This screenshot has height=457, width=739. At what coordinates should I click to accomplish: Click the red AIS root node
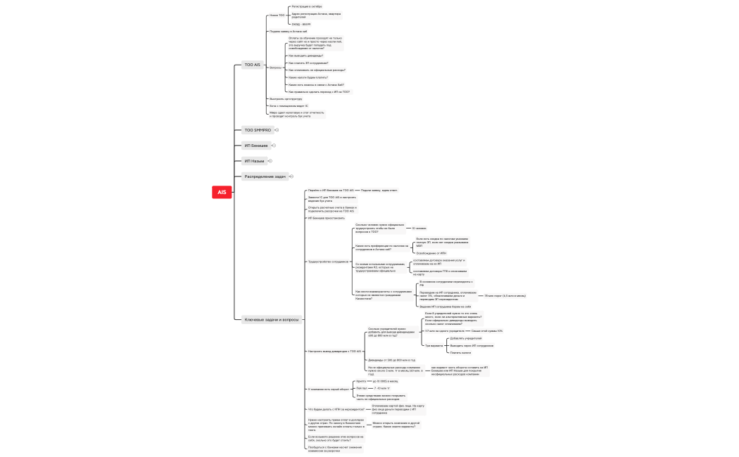pos(222,192)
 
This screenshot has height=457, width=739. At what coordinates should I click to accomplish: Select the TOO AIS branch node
pos(252,65)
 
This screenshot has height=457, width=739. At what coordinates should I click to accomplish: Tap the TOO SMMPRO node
pos(257,130)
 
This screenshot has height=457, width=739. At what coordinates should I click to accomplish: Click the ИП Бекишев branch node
pos(255,146)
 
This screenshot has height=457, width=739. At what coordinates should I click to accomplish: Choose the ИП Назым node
pos(254,161)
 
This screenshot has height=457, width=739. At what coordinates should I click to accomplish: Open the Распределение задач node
pos(265,176)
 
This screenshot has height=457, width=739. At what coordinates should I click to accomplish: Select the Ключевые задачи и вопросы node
pos(271,319)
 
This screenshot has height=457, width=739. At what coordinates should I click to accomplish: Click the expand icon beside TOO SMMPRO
pos(277,130)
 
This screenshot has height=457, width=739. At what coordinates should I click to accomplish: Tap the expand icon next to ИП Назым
pos(271,161)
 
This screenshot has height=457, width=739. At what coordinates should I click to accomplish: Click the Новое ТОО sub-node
pos(277,15)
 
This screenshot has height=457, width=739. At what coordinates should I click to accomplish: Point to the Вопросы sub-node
pos(275,67)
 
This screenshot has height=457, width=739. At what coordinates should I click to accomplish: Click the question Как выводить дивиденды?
pos(305,55)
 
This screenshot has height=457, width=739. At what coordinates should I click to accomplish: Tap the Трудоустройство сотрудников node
pos(327,262)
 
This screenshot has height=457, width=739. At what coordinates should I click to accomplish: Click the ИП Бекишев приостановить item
pos(327,218)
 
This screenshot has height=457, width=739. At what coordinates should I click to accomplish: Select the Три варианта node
pos(434,345)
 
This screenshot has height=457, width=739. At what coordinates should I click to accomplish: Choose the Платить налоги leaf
pos(460,352)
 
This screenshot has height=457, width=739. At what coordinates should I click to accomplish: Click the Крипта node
pos(361,381)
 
